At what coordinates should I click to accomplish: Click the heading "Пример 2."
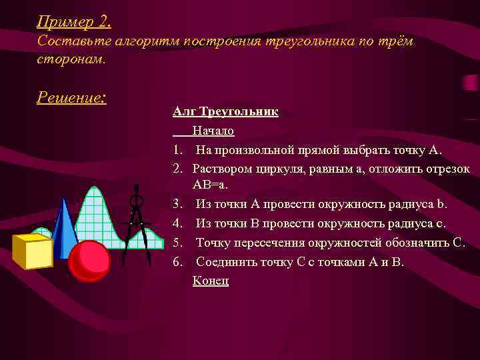click(x=73, y=22)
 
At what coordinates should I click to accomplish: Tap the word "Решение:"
click(x=71, y=97)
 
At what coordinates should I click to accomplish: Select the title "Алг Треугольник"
click(x=225, y=111)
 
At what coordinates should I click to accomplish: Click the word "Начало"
click(x=213, y=130)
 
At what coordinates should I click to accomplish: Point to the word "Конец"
click(x=211, y=281)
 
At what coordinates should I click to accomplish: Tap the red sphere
click(x=89, y=260)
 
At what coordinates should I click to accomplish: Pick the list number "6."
click(x=177, y=261)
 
